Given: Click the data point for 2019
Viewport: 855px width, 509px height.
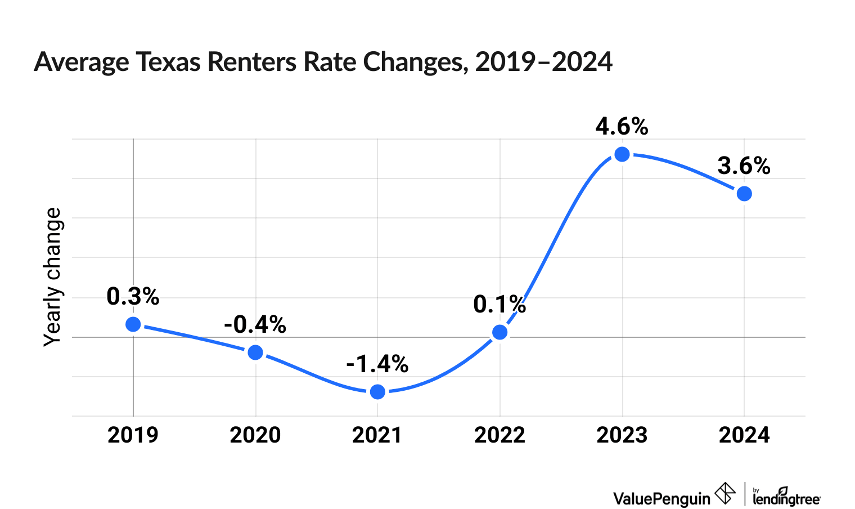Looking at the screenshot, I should [133, 324].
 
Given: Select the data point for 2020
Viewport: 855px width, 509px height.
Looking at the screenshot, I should [255, 352].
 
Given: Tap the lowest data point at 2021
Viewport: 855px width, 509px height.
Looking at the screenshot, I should [378, 392].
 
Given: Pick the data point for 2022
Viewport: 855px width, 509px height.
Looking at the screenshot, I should [499, 332].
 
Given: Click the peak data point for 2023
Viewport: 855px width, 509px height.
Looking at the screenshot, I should [622, 154].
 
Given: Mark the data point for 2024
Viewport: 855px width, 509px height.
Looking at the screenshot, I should [744, 194].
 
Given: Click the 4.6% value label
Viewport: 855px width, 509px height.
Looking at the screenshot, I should [622, 127].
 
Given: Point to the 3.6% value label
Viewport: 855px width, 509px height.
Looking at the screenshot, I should [744, 166].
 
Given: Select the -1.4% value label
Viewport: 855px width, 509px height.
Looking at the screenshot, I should [377, 364].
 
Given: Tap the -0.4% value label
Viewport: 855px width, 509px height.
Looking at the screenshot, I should [255, 325].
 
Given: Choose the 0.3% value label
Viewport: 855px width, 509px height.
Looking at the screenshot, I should [133, 297].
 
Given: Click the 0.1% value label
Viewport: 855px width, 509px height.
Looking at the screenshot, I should [499, 305].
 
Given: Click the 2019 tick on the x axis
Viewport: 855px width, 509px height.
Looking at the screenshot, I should [133, 435].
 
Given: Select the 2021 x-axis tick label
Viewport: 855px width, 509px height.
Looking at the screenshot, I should [377, 435].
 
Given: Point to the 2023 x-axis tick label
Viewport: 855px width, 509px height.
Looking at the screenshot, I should [622, 435].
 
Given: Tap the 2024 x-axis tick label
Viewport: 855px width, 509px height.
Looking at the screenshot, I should [744, 435].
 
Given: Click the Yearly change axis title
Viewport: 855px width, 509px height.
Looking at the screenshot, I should [53, 276].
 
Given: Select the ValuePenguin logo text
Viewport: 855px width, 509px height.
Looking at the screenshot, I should [661, 498].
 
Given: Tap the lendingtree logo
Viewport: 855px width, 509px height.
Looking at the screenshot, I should [786, 497].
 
